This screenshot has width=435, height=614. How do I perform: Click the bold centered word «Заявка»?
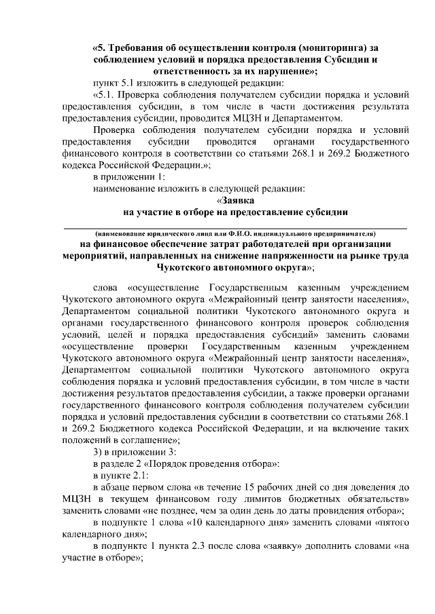235,200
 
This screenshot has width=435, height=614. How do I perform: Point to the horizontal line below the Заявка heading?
235,224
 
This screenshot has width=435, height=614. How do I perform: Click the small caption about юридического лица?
235,232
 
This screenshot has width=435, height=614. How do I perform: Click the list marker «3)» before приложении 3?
99,453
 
